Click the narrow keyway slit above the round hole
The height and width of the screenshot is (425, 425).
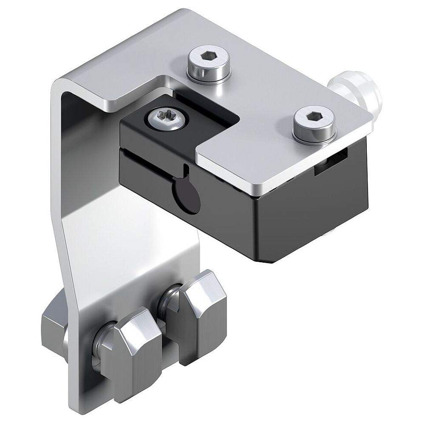pyautogui.click(x=186, y=171)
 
